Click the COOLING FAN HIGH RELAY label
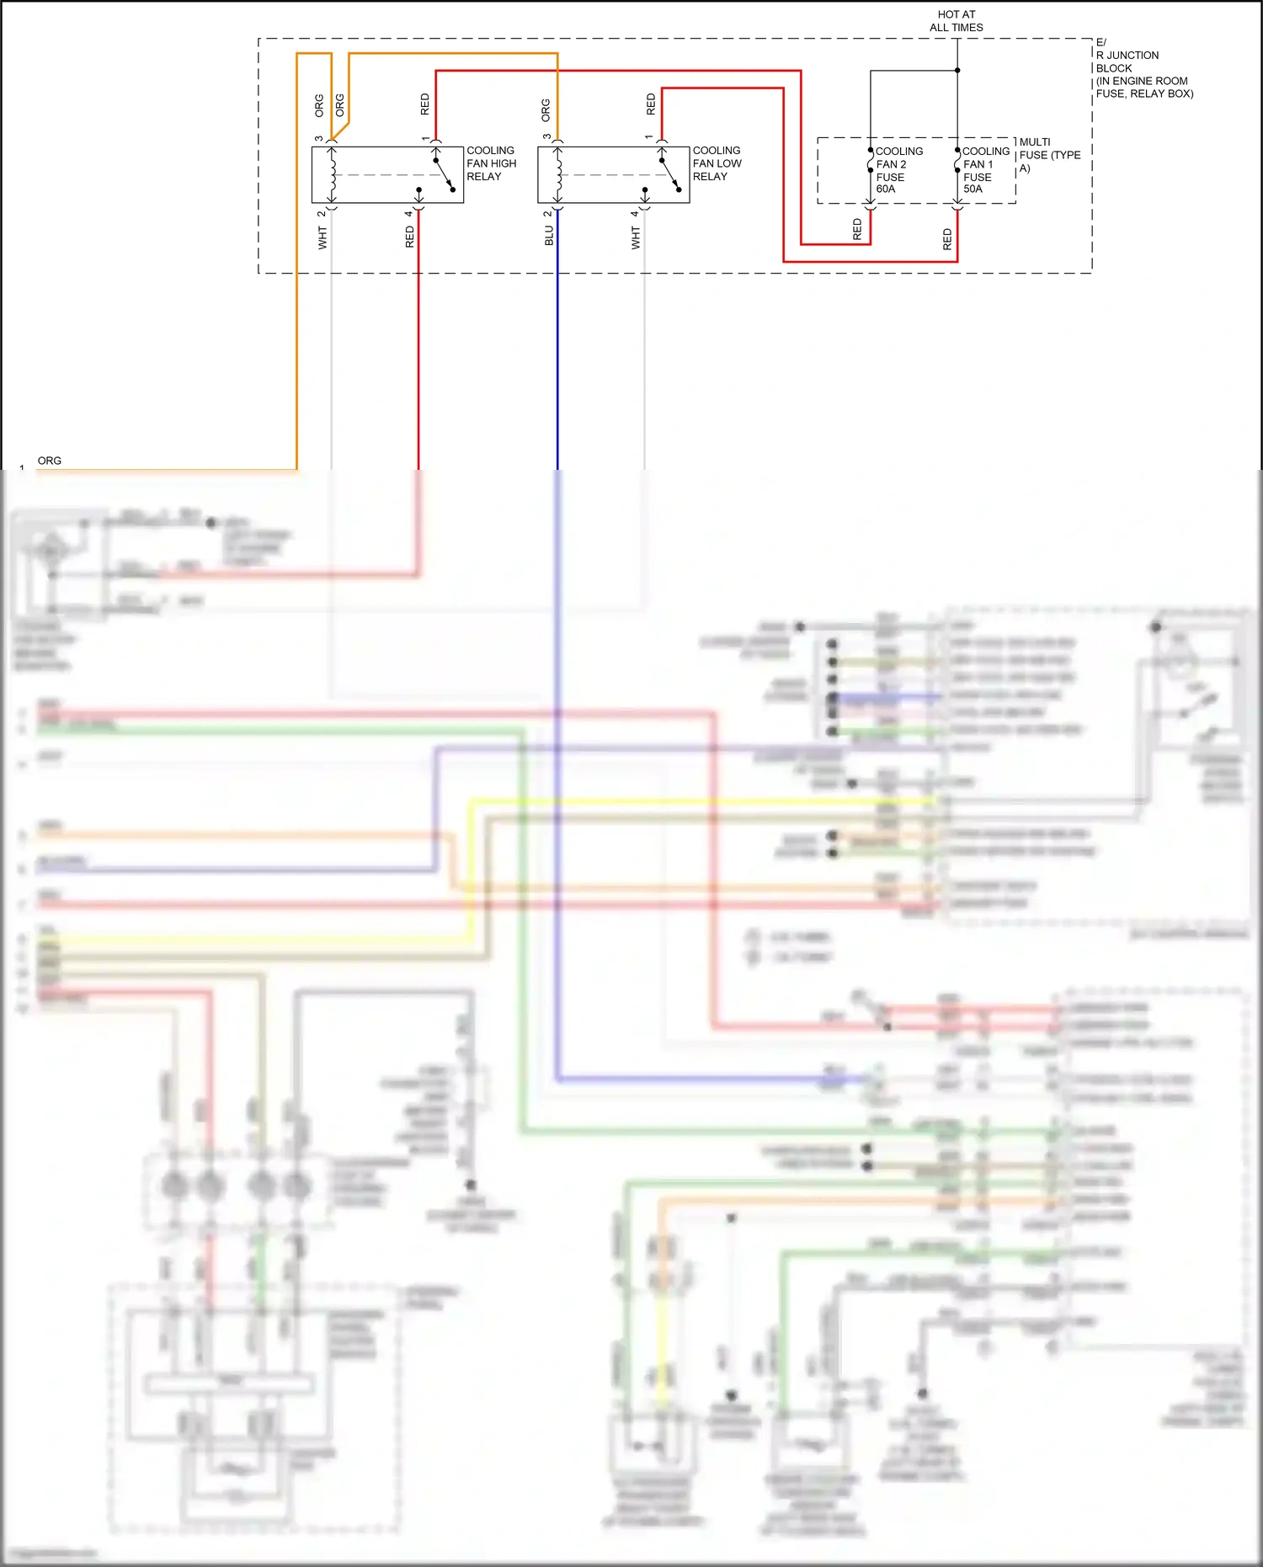[x=491, y=163]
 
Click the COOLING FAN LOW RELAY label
[x=717, y=163]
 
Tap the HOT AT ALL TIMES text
[x=956, y=21]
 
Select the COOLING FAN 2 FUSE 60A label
[x=898, y=170]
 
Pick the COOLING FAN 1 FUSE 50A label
[x=984, y=170]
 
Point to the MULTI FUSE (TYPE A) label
[x=1048, y=155]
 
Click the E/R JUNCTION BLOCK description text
[x=1143, y=68]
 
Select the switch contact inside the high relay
[x=444, y=174]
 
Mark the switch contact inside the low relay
[x=670, y=174]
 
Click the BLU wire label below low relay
[x=549, y=236]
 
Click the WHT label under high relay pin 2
[x=322, y=237]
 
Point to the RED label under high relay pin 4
[x=410, y=237]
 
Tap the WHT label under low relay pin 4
[x=636, y=237]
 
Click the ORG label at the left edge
[x=50, y=461]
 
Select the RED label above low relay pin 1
[x=651, y=104]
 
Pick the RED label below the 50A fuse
[x=947, y=239]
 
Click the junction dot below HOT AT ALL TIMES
[x=957, y=71]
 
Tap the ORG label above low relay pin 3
[x=546, y=109]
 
